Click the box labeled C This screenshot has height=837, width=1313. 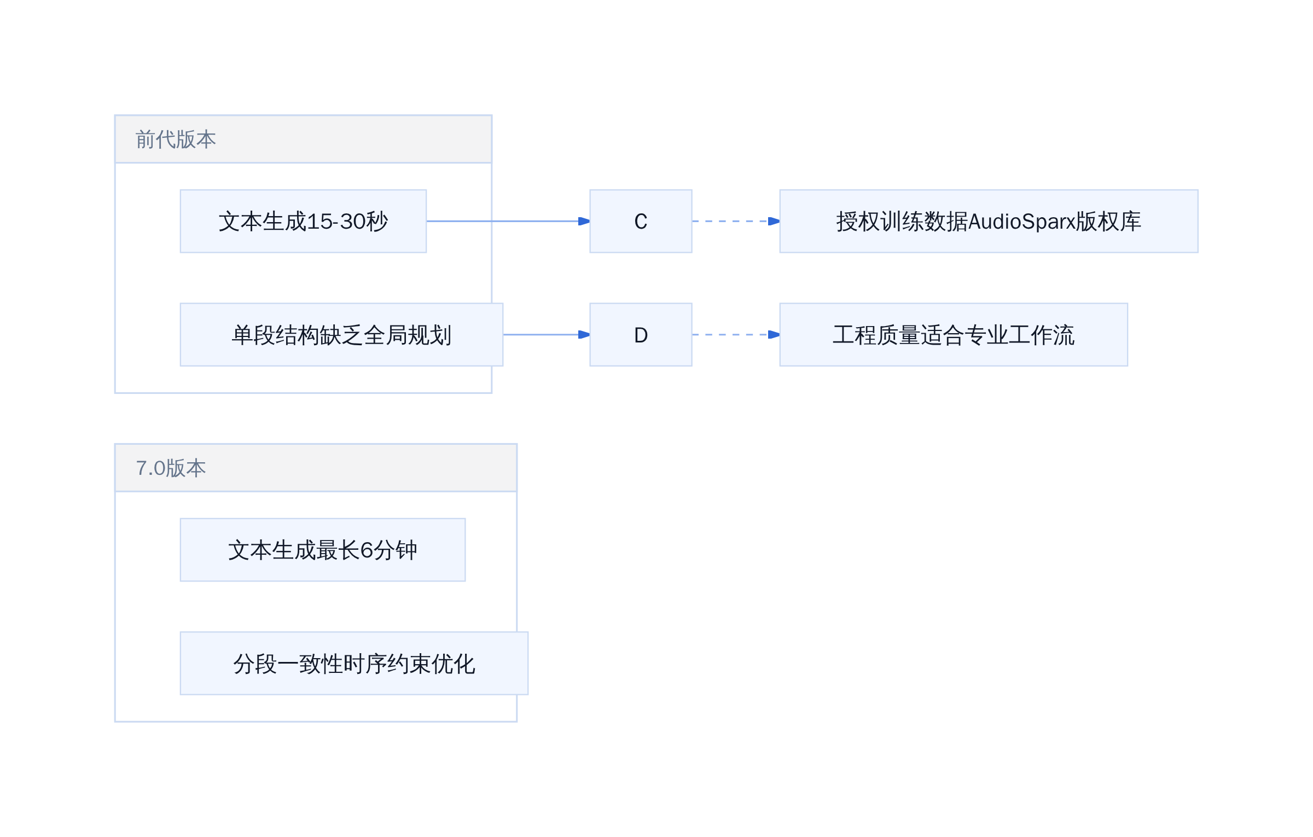pyautogui.click(x=641, y=221)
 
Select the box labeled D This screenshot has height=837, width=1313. pyautogui.click(x=641, y=335)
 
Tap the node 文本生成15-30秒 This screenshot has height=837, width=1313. pyautogui.click(x=303, y=221)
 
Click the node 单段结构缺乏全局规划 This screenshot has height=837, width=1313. pyautogui.click(x=341, y=335)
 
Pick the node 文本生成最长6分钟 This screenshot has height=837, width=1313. pyautogui.click(x=323, y=550)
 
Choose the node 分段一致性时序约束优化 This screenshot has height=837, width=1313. pyautogui.click(x=354, y=664)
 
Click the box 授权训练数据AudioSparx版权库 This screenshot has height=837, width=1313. pyautogui.click(x=989, y=221)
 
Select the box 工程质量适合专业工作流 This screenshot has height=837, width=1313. pyautogui.click(x=954, y=335)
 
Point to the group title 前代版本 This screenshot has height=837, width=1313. pyautogui.click(x=176, y=139)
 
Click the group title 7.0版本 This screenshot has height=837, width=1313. pyautogui.click(x=171, y=468)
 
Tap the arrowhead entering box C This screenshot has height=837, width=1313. pyautogui.click(x=584, y=221)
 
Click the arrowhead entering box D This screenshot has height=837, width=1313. pyautogui.click(x=584, y=335)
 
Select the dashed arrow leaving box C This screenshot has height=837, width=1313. pyautogui.click(x=736, y=221)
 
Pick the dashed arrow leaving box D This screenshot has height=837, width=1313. pyautogui.click(x=736, y=335)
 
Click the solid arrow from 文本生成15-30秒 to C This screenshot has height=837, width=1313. pyautogui.click(x=508, y=221)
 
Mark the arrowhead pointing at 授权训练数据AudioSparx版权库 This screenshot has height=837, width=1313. pyautogui.click(x=774, y=221)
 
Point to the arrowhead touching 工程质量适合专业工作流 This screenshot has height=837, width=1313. pyautogui.click(x=774, y=335)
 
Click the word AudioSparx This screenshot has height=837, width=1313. pyautogui.click(x=1021, y=222)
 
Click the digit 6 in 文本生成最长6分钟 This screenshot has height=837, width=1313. pyautogui.click(x=367, y=550)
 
